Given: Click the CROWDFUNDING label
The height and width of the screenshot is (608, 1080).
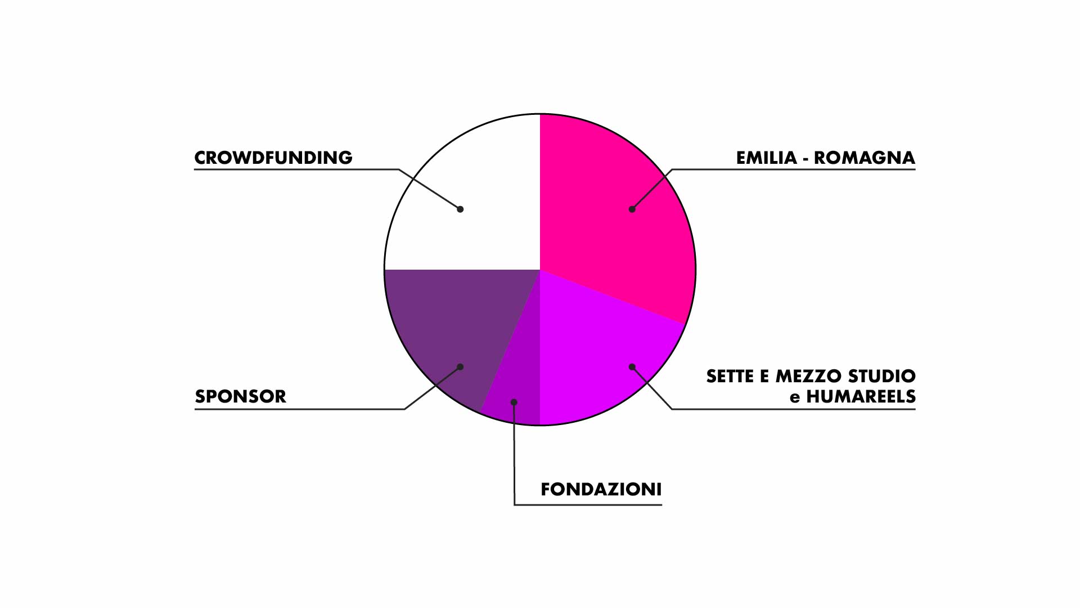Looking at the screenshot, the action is coord(273,158).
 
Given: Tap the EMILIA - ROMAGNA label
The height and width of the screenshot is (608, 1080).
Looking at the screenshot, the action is coord(826,158).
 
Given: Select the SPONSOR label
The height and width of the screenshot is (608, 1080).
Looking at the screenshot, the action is coord(241,396).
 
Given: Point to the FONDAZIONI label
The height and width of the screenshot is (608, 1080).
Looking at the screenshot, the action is coord(601,489).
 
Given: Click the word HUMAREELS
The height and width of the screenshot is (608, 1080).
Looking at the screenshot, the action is coord(861,397).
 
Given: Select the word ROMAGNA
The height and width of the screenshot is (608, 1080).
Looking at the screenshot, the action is coord(865,158).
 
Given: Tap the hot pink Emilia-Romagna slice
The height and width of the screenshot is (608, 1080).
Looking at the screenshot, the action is coord(613,214).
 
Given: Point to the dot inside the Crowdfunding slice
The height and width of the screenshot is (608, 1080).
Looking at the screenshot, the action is coord(460,209).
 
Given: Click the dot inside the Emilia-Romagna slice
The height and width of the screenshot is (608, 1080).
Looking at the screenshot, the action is coord(632,209).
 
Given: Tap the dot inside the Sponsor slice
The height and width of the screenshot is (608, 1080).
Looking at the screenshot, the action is coord(460,367).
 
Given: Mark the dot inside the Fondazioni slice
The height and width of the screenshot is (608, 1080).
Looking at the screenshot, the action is coord(514,402).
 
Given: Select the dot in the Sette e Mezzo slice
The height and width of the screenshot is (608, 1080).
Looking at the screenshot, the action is coord(632,367).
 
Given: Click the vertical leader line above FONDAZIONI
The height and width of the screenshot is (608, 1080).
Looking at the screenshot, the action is coord(514,453).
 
